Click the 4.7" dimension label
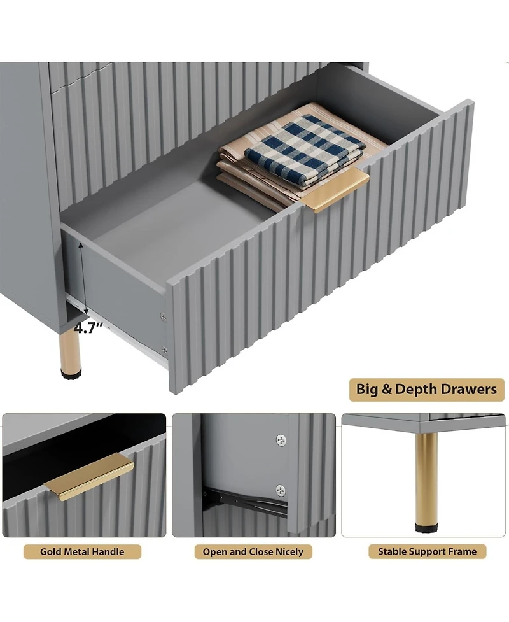(x=88, y=329)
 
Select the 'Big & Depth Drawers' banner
(x=426, y=390)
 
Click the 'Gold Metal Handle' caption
(x=82, y=552)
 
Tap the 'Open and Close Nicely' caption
(x=253, y=552)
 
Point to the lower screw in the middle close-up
(x=281, y=490)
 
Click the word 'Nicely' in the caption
(x=289, y=552)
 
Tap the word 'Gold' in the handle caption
(x=51, y=552)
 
